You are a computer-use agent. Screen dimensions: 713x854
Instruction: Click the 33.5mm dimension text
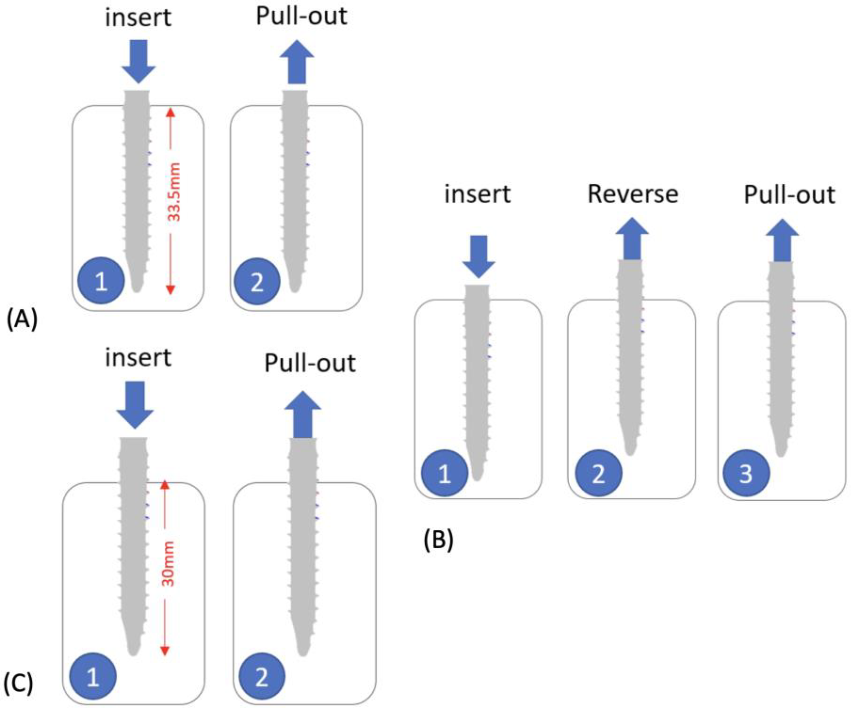point(174,192)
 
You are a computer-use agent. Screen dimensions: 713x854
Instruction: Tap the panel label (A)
point(22,319)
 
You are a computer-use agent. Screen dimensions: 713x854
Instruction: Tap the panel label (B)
point(438,541)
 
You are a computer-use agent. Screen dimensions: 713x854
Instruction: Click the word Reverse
point(633,194)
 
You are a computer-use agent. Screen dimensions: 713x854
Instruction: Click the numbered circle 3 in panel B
point(746,473)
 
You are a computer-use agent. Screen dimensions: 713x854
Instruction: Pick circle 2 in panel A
point(257,281)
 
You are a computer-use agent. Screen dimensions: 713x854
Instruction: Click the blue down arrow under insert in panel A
point(139,61)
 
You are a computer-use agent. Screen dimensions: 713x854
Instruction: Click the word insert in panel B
point(477,194)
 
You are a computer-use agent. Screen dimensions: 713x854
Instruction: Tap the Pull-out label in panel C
point(310,363)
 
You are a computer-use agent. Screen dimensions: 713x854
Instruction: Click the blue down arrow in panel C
point(135,404)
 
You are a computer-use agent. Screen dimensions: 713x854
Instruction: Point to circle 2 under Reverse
point(598,473)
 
